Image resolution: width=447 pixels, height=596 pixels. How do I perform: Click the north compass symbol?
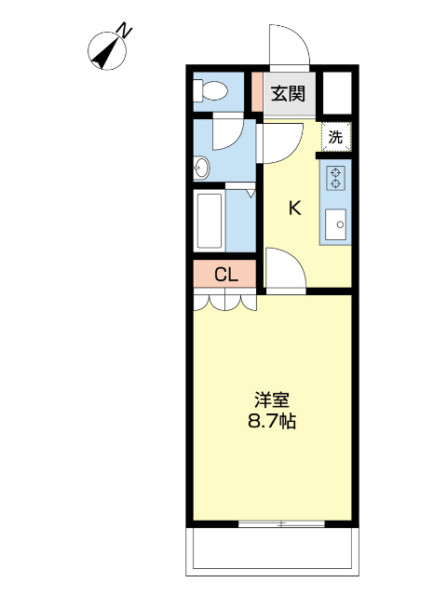[x=107, y=51]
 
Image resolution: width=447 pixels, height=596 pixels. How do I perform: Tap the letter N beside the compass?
[x=125, y=30]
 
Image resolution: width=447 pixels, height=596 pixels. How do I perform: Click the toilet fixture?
[x=210, y=91]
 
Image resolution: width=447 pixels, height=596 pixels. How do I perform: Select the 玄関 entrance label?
[x=288, y=93]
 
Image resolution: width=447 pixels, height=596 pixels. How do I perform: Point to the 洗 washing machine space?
[x=335, y=137]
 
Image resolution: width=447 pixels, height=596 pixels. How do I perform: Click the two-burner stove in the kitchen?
[x=335, y=178]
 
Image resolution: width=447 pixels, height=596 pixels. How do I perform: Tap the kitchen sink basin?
[x=335, y=224]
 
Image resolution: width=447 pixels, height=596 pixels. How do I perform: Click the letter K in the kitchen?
[x=295, y=209]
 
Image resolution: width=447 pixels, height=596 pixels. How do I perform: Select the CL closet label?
[x=226, y=274]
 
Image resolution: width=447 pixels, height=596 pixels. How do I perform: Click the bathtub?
[x=209, y=221]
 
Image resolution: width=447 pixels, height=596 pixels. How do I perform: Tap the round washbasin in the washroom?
[x=201, y=168]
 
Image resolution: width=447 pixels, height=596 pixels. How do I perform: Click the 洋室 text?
[x=272, y=400]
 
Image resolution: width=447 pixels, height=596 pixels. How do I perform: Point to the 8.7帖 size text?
[x=272, y=421]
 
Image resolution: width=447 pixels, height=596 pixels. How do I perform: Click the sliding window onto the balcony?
[x=281, y=523]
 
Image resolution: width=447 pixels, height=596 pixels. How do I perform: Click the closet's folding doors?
[x=225, y=300]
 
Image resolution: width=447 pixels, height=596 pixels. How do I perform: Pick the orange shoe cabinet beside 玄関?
[x=258, y=91]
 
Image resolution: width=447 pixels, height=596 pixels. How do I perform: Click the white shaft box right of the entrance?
[x=337, y=93]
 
